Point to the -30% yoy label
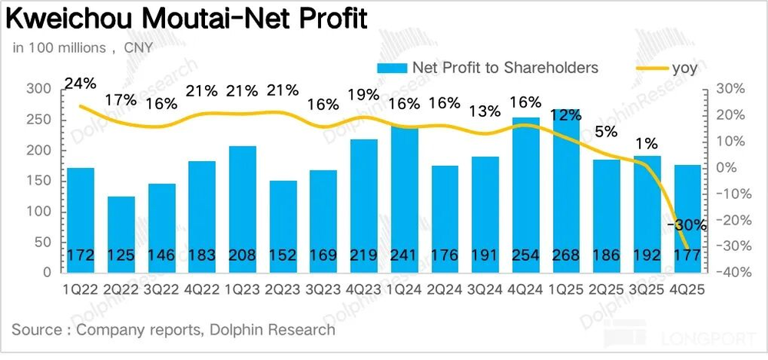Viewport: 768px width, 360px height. click(687, 225)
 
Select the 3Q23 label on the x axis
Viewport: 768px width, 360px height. click(323, 291)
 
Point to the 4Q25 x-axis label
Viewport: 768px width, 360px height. click(687, 291)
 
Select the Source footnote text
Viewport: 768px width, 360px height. click(174, 330)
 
